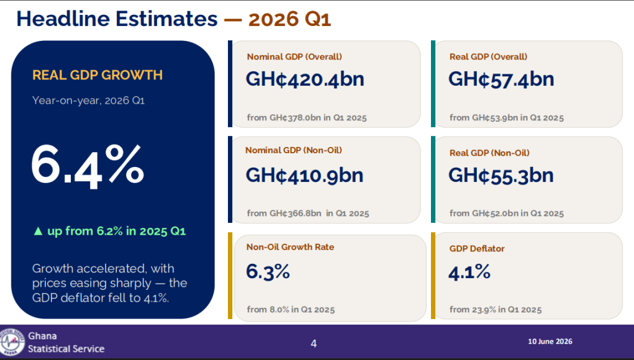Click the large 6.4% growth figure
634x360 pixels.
click(x=88, y=166)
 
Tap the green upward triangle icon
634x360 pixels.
click(x=38, y=231)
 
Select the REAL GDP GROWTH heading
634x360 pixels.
click(x=97, y=75)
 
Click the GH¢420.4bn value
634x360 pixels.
click(x=305, y=79)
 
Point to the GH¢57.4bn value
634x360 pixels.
click(x=501, y=79)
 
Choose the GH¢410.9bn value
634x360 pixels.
click(x=304, y=176)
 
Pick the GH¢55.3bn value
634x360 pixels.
click(x=501, y=176)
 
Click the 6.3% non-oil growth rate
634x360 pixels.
click(x=268, y=271)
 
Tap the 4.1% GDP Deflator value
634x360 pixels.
click(x=469, y=272)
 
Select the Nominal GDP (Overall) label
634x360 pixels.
click(x=294, y=56)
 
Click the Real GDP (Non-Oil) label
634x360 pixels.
click(x=489, y=153)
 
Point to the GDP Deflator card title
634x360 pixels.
click(x=477, y=248)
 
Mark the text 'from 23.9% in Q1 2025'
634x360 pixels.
click(x=496, y=310)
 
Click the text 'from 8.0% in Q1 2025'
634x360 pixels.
click(x=291, y=310)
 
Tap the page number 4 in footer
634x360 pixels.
click(x=314, y=343)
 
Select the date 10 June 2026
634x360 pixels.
click(x=550, y=341)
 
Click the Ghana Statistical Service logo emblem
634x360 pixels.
click(x=12, y=342)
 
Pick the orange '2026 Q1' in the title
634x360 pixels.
click(x=289, y=19)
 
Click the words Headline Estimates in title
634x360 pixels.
click(x=117, y=19)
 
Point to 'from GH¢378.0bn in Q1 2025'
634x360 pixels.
click(x=307, y=117)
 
